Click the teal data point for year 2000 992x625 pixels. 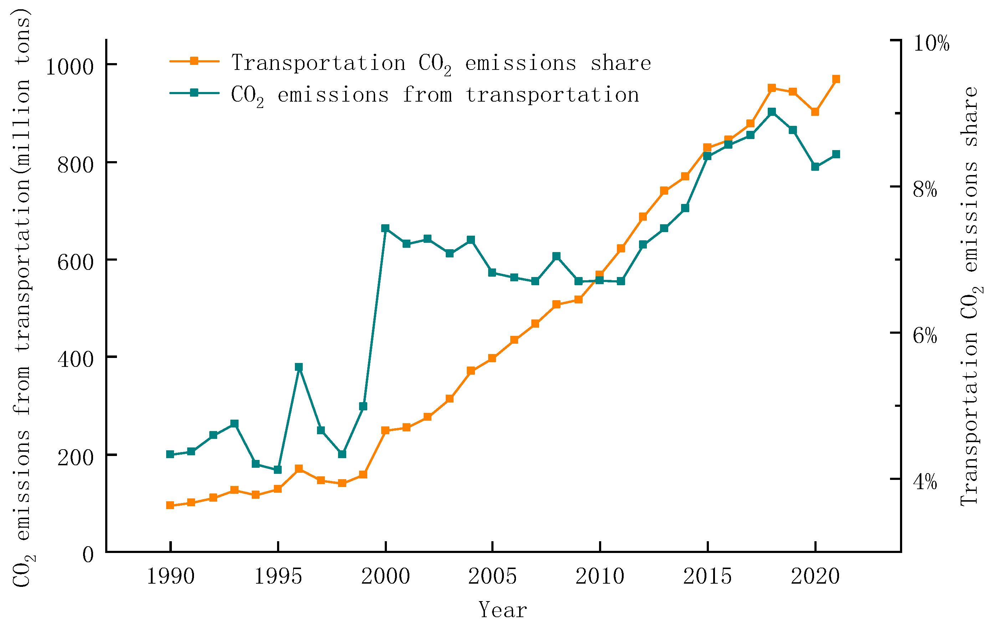point(385,229)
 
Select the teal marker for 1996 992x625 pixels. point(299,367)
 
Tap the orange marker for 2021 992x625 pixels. point(836,79)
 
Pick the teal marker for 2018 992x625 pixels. point(772,112)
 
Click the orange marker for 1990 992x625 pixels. point(170,506)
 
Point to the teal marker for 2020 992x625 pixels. point(815,167)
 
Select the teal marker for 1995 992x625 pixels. point(278,470)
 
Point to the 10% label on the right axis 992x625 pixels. point(931,43)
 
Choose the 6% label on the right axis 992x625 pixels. point(925,335)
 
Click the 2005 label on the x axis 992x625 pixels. point(492,576)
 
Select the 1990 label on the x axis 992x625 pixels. point(170,576)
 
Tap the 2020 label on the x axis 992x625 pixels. point(815,576)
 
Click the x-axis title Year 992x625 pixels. point(502,610)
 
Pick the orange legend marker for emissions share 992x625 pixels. point(194,61)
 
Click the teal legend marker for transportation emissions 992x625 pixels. point(194,93)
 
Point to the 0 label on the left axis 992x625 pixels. point(88,554)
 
